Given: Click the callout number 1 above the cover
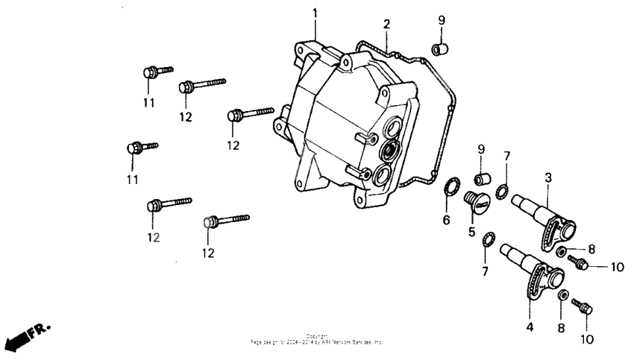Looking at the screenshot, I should click(x=315, y=13).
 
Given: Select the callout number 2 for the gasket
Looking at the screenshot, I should click(x=386, y=24).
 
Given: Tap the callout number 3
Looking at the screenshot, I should click(x=548, y=177).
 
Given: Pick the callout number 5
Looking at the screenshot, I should click(x=472, y=232).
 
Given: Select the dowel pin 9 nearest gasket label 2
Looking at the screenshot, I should click(x=439, y=48).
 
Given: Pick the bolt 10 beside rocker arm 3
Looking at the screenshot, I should click(x=580, y=262).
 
